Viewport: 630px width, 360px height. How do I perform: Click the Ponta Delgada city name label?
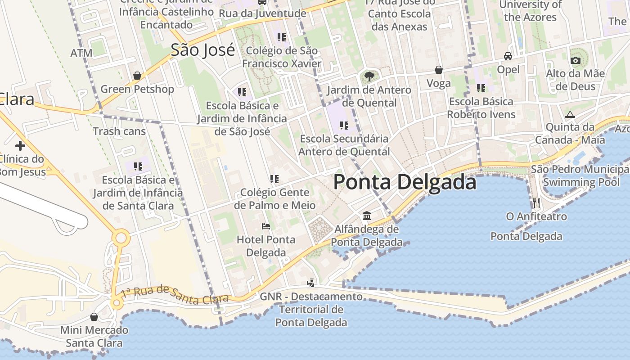point(405,183)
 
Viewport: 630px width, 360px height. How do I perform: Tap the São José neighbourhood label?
point(202,50)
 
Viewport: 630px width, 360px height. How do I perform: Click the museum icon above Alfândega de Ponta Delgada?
point(367,216)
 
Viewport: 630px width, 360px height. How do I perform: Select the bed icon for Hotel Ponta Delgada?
point(266,226)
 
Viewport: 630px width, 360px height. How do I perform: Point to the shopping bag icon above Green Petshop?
point(137,75)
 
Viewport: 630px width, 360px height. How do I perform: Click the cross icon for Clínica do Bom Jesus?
point(20,145)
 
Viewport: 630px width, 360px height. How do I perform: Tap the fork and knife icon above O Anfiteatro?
point(536,202)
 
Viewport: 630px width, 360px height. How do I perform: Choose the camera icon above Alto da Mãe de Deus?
point(575,60)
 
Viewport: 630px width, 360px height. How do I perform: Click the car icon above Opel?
point(508,56)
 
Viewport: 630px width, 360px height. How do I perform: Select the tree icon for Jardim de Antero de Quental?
point(369,76)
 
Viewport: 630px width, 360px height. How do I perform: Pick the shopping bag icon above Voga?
point(439,70)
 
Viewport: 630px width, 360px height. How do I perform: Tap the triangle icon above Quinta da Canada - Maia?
point(570,114)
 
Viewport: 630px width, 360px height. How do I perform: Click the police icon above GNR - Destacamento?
point(310,283)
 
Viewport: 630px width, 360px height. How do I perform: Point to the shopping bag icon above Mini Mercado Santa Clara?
point(94,317)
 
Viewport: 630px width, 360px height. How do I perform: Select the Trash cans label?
point(119,131)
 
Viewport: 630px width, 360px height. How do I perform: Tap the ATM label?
point(81,53)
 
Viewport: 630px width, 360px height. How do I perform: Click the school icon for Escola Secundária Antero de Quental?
point(344,125)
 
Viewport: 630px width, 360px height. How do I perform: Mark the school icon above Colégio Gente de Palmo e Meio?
point(274,179)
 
